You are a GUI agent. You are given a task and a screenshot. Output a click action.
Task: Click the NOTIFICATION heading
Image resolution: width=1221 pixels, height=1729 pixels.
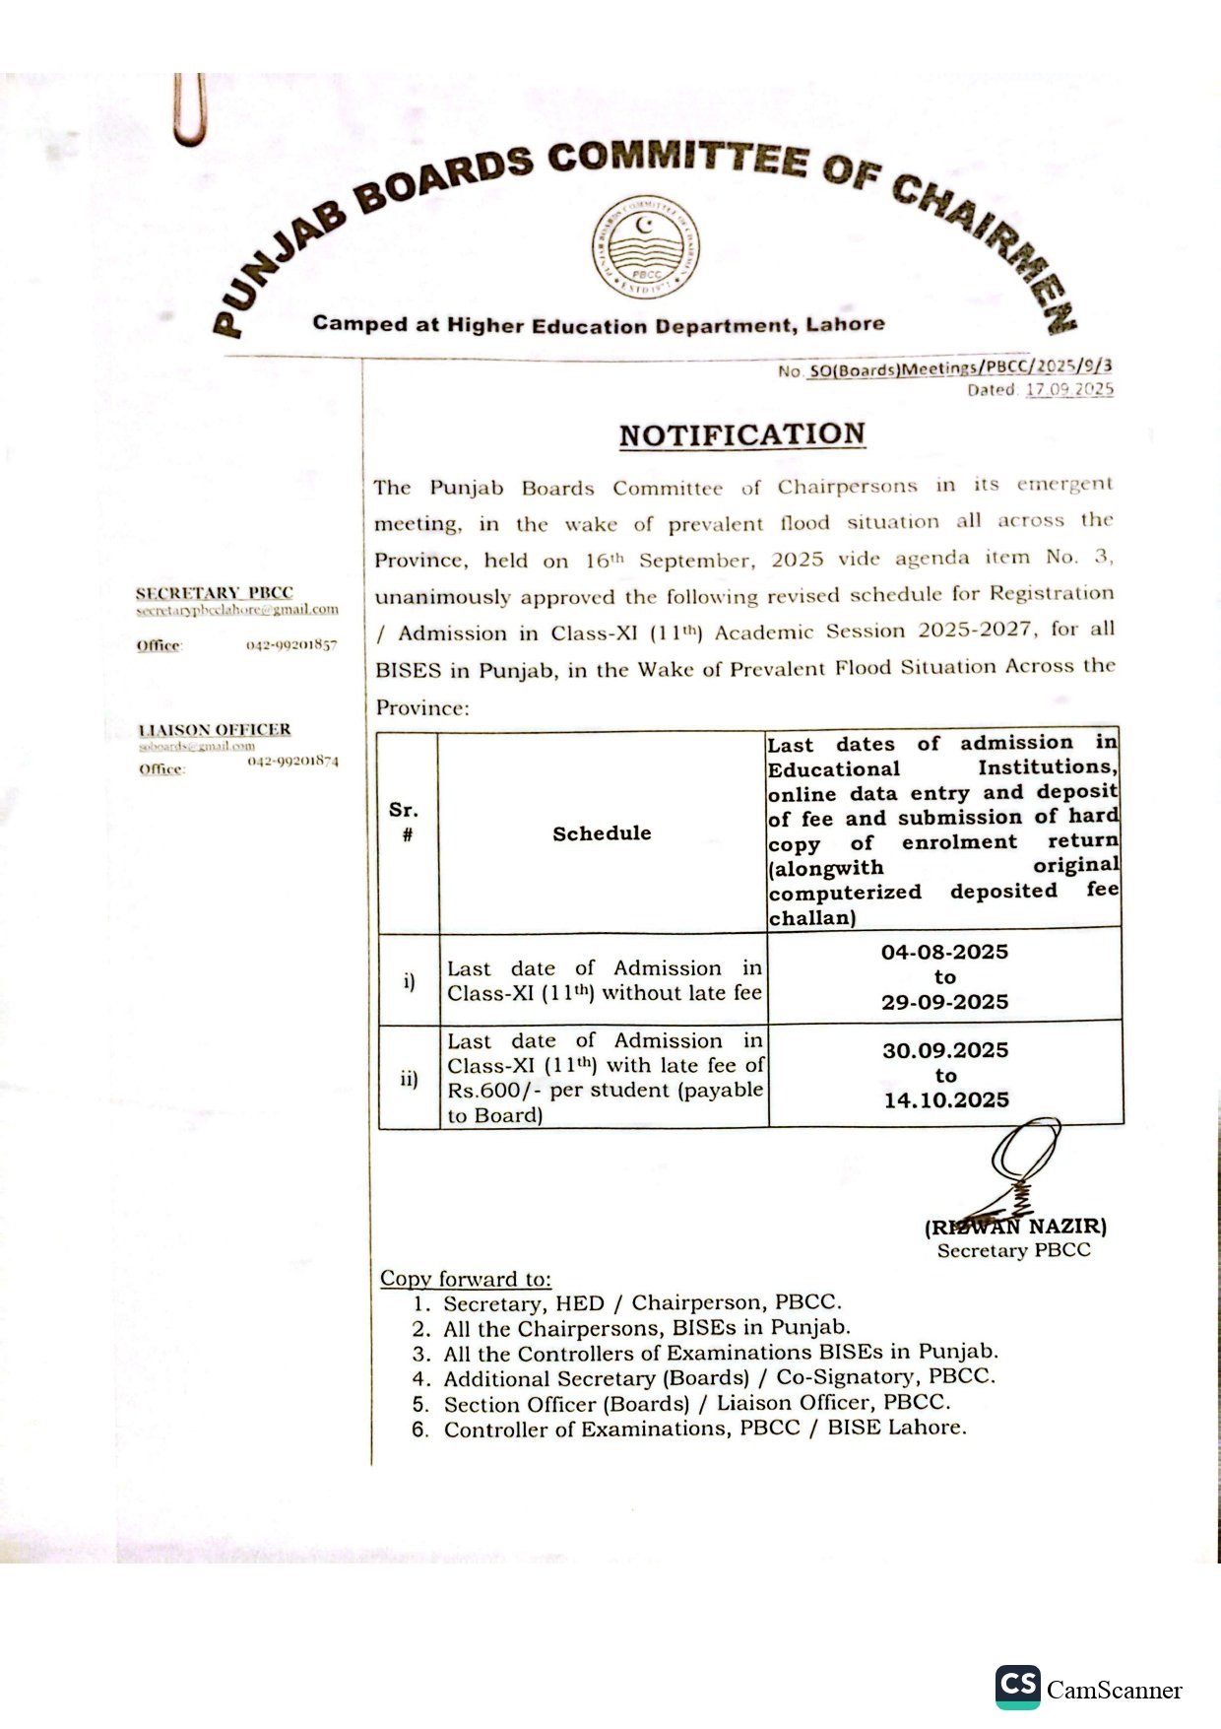pos(741,434)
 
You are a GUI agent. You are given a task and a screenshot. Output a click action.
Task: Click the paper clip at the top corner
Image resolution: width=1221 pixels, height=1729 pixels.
pos(189,109)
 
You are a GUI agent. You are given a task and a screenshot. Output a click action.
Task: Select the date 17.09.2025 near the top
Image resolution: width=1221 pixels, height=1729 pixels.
pos(1069,389)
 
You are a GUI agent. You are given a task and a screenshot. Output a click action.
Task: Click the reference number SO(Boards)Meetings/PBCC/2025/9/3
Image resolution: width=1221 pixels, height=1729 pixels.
pos(960,368)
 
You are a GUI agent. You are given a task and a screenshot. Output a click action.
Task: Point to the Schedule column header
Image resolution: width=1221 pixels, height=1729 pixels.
pos(602,833)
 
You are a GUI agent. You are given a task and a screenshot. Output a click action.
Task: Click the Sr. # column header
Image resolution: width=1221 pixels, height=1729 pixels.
pos(405,822)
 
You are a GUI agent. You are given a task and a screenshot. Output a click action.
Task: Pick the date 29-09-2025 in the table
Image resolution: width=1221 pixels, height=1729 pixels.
pos(944,1002)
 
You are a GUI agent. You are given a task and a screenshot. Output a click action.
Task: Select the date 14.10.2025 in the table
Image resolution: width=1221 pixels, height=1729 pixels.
pos(946,1100)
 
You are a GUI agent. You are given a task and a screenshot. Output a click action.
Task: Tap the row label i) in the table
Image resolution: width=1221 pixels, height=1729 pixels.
pos(409,981)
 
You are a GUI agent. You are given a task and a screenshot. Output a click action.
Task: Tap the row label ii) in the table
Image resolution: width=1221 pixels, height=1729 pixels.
pos(409,1079)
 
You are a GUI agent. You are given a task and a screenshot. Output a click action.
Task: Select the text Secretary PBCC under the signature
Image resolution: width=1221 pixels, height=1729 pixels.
pos(1013,1250)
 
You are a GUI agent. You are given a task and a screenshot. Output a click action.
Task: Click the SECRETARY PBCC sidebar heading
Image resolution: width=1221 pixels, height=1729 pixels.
pos(214,593)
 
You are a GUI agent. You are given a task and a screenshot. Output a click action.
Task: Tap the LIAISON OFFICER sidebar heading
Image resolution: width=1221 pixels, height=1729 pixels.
pos(215,730)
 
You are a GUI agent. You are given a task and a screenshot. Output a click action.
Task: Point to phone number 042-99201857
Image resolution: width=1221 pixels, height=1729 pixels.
pos(291,645)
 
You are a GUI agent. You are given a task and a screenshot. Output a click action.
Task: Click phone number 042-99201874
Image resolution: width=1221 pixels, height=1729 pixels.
pos(292,761)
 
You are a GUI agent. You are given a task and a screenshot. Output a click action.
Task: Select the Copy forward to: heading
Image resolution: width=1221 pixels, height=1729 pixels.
pos(466,1279)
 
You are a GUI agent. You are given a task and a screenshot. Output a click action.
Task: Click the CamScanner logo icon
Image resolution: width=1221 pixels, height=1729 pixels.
pos(1017,1687)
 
